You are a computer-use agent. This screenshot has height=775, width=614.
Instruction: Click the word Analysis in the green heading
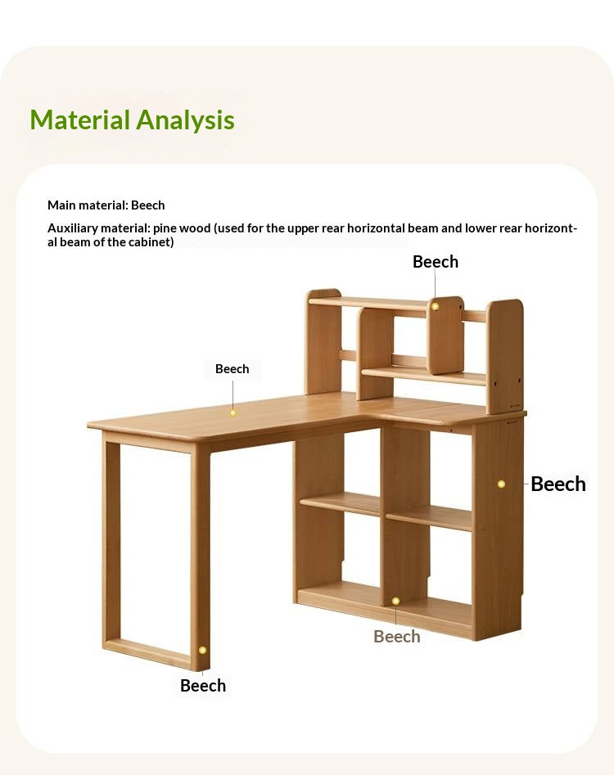(x=185, y=120)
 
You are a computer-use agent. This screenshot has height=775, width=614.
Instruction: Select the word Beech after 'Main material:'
(x=148, y=205)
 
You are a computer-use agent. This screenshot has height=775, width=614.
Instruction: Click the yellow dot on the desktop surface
(x=233, y=412)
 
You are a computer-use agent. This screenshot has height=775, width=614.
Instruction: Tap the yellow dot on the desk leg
(x=202, y=650)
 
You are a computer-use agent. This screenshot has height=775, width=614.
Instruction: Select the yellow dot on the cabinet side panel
(x=501, y=484)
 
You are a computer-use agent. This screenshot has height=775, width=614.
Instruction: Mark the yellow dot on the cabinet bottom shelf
(x=395, y=601)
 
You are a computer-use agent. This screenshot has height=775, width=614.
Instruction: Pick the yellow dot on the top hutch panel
(x=436, y=306)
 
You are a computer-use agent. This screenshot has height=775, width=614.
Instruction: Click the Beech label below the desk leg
(x=203, y=686)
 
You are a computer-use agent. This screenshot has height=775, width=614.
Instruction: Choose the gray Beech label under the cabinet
(x=397, y=637)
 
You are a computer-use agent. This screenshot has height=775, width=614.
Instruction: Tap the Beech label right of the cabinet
(x=558, y=484)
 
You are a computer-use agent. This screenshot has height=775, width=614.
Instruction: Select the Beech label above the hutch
(x=436, y=262)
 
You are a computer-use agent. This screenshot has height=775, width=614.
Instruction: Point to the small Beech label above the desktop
(x=233, y=369)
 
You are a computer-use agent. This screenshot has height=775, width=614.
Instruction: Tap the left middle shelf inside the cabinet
(x=340, y=503)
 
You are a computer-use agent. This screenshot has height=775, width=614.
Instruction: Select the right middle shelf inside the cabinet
(x=429, y=517)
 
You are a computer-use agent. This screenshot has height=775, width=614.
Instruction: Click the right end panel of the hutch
(x=505, y=356)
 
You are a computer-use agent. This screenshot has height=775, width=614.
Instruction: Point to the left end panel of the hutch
(x=323, y=342)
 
